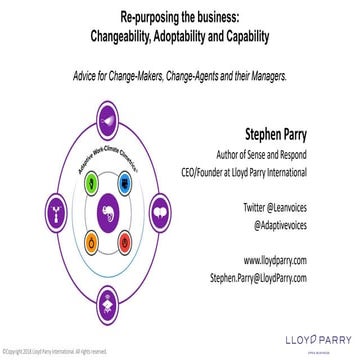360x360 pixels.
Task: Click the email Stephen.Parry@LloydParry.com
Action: (x=272, y=277)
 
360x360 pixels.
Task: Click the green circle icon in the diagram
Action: (x=91, y=184)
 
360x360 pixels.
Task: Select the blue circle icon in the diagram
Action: (x=126, y=184)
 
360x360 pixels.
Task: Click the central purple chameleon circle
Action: (x=109, y=211)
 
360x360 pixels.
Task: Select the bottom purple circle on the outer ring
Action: (x=109, y=295)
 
